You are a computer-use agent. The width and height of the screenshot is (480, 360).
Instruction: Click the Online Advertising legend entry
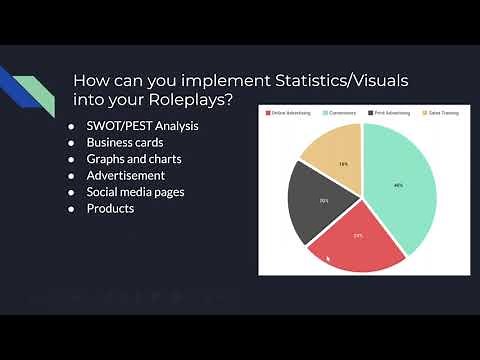tap(291, 112)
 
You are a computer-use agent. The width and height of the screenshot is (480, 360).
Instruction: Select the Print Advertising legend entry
tap(391, 112)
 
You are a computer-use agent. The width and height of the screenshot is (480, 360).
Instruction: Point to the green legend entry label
tap(342, 112)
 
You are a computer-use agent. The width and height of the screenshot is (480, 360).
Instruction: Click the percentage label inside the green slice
tap(398, 185)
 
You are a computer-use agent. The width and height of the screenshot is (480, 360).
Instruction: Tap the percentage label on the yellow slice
tap(342, 163)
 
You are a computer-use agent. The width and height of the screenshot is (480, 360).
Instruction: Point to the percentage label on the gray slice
tap(324, 201)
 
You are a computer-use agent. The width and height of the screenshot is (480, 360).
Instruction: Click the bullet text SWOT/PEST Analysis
tap(142, 126)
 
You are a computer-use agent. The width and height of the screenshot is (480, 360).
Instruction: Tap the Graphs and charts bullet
tap(134, 159)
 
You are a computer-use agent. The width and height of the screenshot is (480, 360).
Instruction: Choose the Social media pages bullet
tap(135, 192)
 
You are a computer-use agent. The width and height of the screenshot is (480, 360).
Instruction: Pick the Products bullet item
tap(110, 208)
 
